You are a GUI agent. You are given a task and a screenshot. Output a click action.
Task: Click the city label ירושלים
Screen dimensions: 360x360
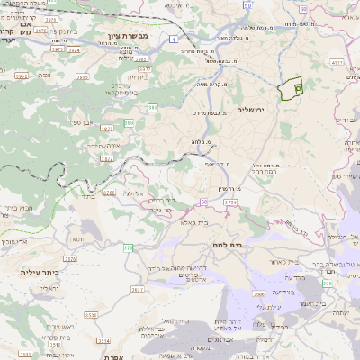255,110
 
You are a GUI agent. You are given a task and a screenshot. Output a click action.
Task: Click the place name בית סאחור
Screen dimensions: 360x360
280,262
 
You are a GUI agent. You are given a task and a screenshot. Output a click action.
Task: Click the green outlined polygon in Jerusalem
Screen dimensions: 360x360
289,88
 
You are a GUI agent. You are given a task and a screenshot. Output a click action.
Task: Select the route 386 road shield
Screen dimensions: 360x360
153,107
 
